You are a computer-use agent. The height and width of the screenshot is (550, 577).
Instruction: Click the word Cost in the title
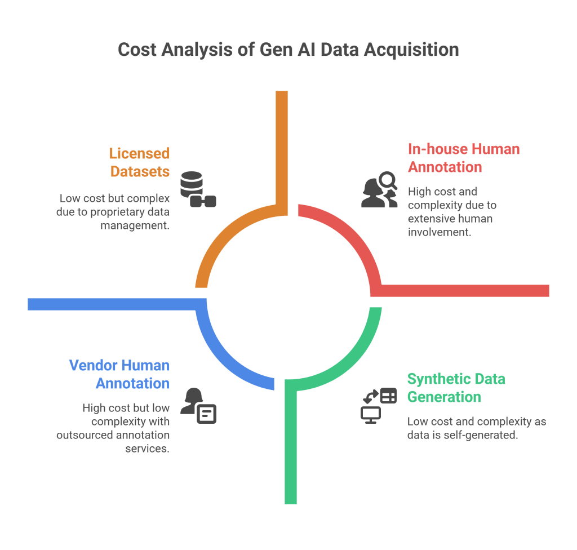[x=137, y=50]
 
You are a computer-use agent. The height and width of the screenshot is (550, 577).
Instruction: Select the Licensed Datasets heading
[x=140, y=162]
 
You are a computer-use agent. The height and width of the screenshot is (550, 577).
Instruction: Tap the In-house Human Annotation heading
[x=463, y=158]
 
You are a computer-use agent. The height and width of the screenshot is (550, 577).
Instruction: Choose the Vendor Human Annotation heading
[x=119, y=374]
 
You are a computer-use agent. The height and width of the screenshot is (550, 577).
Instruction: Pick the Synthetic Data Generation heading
[x=456, y=387]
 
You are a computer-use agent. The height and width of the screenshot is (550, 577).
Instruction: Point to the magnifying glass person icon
[x=379, y=190]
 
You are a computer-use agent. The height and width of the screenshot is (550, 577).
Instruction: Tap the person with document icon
[x=198, y=406]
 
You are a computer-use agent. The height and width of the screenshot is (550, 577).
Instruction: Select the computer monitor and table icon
[x=378, y=405]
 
